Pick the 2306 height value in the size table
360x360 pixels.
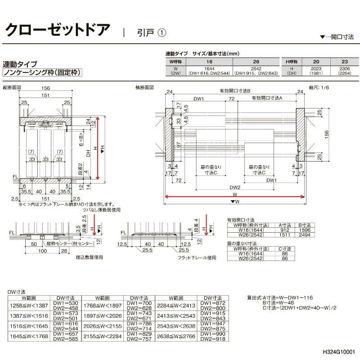[345, 69]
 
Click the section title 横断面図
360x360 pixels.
[145, 87]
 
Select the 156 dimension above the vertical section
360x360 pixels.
[45, 89]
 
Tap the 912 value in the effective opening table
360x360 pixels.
[283, 230]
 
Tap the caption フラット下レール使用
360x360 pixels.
[197, 258]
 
